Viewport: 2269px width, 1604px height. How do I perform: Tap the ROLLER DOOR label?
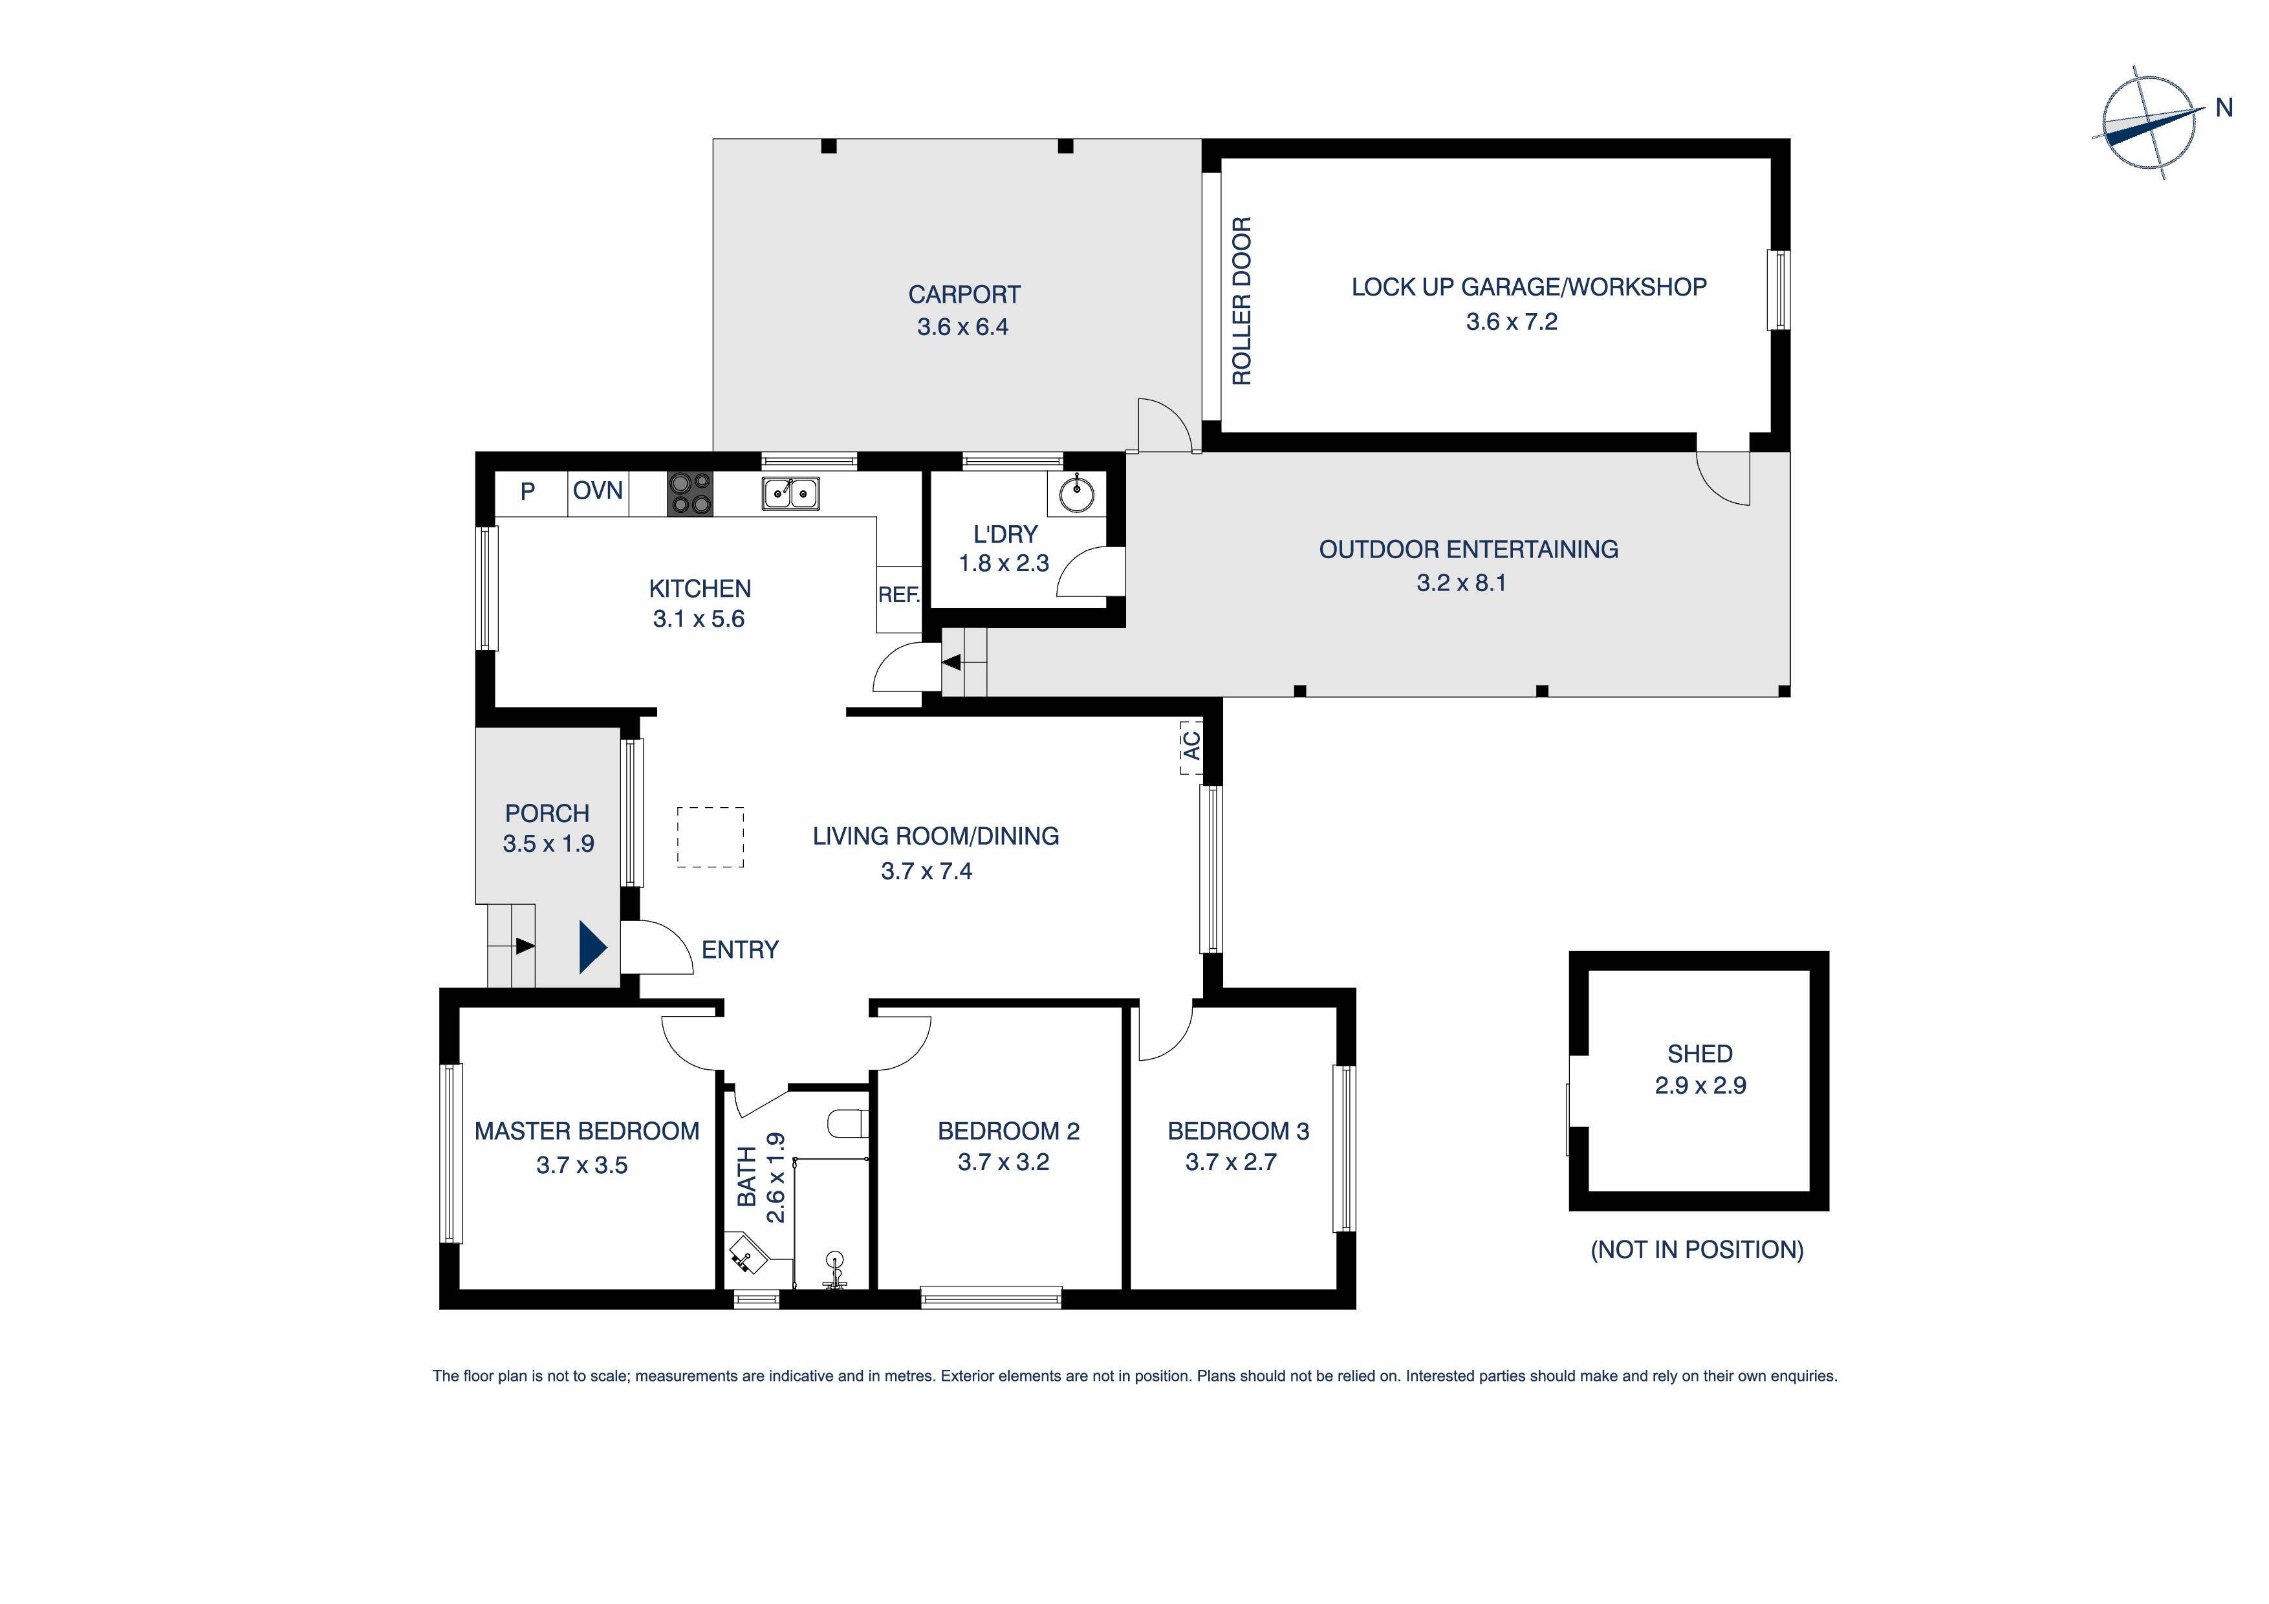(1241, 301)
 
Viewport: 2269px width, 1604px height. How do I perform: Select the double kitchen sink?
(790, 492)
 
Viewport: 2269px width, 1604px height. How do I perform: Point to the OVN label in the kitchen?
(598, 490)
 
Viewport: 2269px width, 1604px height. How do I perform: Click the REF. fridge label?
(898, 595)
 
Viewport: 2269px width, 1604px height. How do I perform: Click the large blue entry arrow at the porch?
(591, 947)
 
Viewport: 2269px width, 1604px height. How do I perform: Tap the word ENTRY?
(740, 949)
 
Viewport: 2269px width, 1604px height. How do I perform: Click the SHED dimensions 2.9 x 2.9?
(1700, 1085)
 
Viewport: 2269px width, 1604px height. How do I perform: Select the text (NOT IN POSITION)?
(1697, 1249)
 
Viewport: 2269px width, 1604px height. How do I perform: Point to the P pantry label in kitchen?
(528, 491)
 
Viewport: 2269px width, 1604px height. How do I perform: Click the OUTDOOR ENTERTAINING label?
(1468, 550)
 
